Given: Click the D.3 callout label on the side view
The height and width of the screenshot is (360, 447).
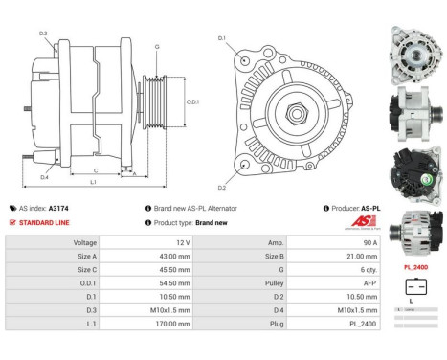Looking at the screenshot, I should click(44, 34).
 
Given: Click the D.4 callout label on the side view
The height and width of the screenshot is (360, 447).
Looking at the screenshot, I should click(44, 177).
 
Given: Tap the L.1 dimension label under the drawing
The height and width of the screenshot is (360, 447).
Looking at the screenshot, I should click(93, 182).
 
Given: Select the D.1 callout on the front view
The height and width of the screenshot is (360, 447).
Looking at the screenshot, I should click(222, 38).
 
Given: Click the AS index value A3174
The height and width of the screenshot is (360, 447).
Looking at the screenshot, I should click(85, 208).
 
